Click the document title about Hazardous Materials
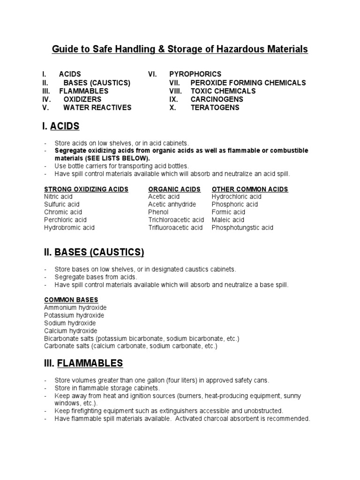click(180, 49)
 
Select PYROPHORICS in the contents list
click(195, 74)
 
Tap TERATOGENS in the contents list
click(215, 108)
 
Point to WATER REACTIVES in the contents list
click(97, 108)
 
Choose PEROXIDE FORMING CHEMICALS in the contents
click(248, 82)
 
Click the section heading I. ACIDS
click(61, 126)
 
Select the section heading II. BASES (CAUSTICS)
click(93, 253)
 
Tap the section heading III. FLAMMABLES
click(83, 363)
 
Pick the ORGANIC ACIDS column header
click(174, 189)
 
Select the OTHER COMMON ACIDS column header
click(250, 189)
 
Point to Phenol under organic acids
click(158, 212)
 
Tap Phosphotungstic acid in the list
click(242, 228)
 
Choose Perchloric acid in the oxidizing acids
click(65, 220)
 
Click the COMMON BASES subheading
click(71, 300)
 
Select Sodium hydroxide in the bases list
click(70, 323)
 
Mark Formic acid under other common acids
click(228, 212)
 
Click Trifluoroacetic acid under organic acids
click(175, 228)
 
